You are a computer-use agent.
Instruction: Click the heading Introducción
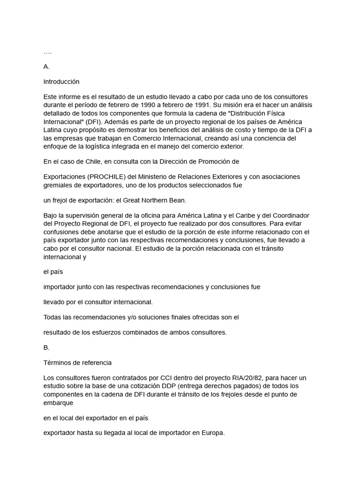pos(61,82)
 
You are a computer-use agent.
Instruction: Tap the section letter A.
pos(46,67)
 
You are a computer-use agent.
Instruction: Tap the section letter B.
pos(46,347)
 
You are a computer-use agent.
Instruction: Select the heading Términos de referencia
pos(77,362)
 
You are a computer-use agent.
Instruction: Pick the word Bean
pos(177,200)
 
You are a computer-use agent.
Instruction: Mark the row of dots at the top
pos(48,52)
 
